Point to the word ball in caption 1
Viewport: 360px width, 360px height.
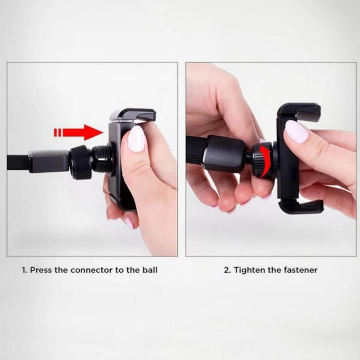[x=149, y=270]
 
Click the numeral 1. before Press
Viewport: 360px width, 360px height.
[x=25, y=270]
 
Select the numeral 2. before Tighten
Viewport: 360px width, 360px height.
[x=227, y=270]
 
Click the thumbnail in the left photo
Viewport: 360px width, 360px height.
[x=136, y=139]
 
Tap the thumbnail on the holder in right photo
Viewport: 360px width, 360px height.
[x=296, y=131]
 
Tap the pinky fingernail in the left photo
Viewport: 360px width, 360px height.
[x=129, y=223]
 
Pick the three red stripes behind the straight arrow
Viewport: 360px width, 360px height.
[x=58, y=132]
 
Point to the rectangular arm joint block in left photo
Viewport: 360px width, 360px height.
[x=49, y=161]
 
